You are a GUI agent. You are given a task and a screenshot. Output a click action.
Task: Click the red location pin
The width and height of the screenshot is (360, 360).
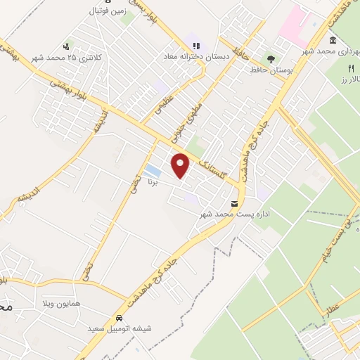[x=181, y=165]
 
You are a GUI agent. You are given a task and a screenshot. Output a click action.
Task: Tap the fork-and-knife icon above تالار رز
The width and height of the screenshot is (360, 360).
[x=350, y=67]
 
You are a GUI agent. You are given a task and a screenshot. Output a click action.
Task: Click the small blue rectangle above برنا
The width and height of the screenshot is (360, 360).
[x=152, y=170]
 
